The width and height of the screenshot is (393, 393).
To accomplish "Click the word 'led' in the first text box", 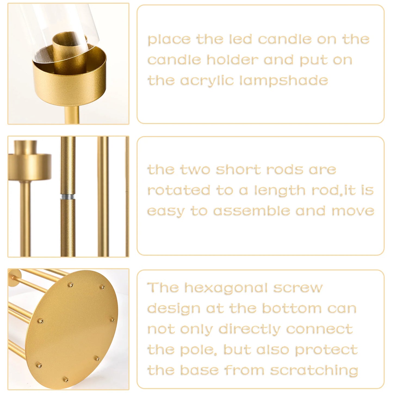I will [x=240, y=39].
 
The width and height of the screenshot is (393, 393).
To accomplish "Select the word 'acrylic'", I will [x=207, y=81].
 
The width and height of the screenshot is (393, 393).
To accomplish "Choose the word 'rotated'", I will [x=179, y=190].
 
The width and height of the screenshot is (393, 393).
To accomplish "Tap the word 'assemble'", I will [x=252, y=211].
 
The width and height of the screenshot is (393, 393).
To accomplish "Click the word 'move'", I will [x=353, y=211].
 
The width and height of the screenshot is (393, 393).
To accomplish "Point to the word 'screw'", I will [x=298, y=288].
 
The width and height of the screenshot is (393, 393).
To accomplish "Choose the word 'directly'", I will [x=249, y=330].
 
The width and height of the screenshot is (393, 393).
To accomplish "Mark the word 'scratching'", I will [x=314, y=370].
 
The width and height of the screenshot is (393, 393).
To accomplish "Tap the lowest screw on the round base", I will [x=65, y=379].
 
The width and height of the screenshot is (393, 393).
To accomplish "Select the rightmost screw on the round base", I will [x=113, y=320].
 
